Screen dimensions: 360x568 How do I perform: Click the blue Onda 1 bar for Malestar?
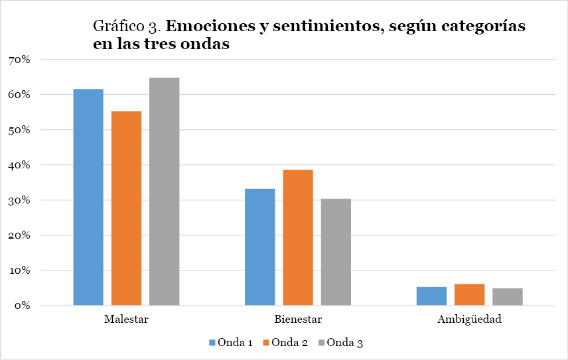tap(88, 197)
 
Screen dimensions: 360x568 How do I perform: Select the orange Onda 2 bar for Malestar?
tap(126, 208)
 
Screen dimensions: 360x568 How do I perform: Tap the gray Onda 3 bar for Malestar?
tap(164, 192)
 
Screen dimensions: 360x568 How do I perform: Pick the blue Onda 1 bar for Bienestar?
tap(259, 247)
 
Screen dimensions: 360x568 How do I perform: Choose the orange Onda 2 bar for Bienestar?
tap(298, 237)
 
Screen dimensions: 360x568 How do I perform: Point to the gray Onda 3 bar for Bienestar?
tap(336, 252)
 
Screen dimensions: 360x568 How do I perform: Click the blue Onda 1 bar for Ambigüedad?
tap(431, 296)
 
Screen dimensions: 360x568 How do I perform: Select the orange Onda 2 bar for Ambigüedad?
tap(469, 294)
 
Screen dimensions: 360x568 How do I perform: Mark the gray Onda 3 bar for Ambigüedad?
tap(508, 297)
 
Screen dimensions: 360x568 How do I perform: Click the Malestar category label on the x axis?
tap(126, 319)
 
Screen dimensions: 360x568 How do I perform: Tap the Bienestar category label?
tap(298, 319)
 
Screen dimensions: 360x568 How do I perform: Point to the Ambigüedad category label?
tap(469, 319)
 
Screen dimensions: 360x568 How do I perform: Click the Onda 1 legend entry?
tap(231, 343)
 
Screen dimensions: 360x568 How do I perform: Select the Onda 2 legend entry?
tap(287, 343)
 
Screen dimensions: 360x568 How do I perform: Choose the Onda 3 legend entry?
tap(341, 343)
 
